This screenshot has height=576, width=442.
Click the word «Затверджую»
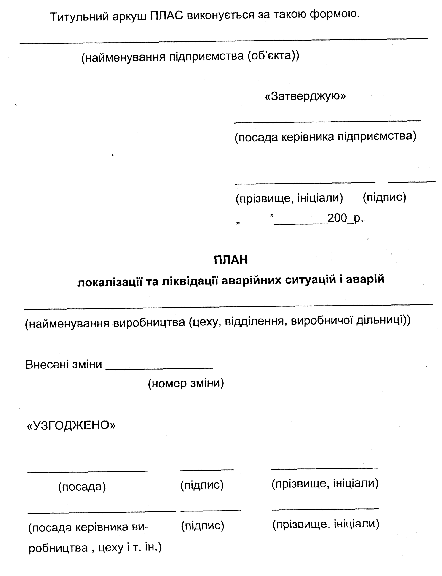tap(305, 96)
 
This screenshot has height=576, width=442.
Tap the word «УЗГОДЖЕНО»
tap(71, 425)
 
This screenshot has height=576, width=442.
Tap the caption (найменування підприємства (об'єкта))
tap(190, 56)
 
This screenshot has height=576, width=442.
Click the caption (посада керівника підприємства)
tap(325, 137)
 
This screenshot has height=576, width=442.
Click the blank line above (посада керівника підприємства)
tap(327, 121)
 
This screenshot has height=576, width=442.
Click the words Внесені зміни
tap(64, 365)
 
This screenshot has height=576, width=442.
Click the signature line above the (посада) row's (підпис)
tap(207, 469)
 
